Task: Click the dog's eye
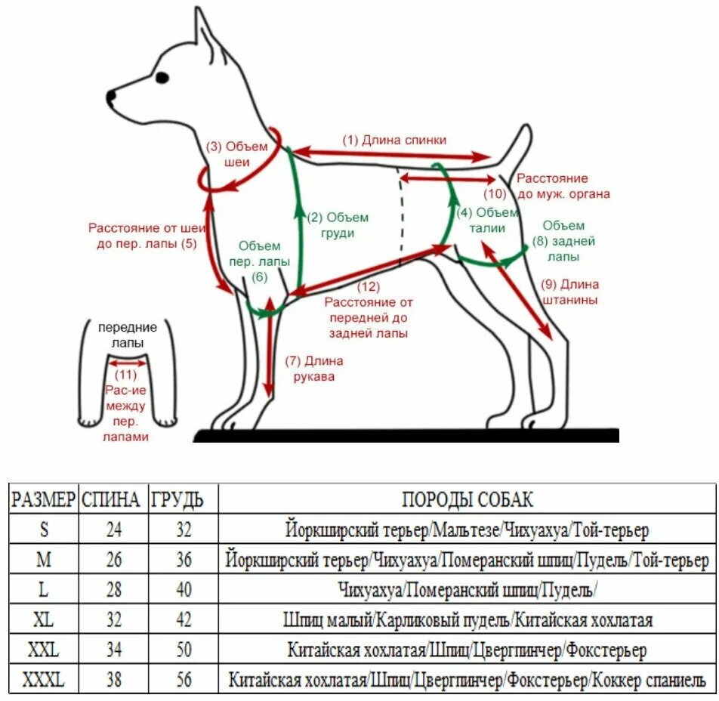pos(162,77)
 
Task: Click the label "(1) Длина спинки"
pos(394,140)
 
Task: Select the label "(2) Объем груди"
pos(338,225)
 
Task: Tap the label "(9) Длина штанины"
pos(570,292)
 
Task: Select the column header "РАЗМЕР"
pos(43,499)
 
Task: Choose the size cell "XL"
pos(43,620)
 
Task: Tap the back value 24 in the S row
pos(113,530)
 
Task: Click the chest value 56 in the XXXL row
pos(184,680)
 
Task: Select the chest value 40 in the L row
pos(184,590)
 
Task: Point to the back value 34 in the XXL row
pos(113,650)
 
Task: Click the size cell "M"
pos(43,560)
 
